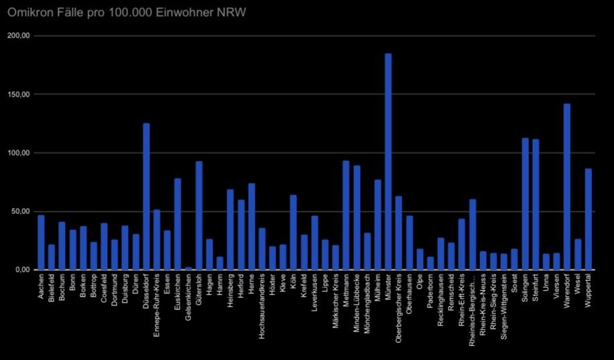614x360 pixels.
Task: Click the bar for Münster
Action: pos(388,162)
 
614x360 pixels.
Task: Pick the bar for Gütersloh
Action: pos(199,215)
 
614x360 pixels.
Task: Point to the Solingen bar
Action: pos(525,204)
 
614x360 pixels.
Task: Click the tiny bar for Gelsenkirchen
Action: pos(188,268)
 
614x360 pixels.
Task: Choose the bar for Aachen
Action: pos(41,242)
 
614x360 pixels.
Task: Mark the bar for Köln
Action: pos(294,232)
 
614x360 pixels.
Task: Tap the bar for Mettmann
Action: pos(346,215)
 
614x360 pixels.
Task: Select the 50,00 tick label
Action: pos(21,211)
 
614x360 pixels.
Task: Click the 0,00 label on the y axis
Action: pos(23,269)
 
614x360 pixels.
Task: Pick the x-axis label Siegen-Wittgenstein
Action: pos(504,306)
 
